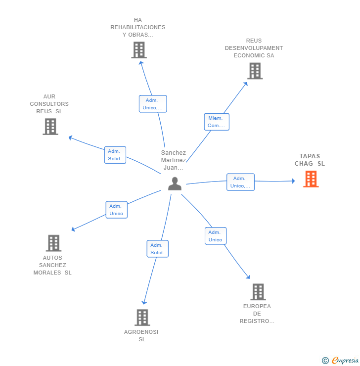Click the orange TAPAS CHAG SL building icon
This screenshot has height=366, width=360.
click(x=311, y=179)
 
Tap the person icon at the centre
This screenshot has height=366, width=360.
click(x=175, y=183)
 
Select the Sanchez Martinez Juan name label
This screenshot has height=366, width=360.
click(x=174, y=160)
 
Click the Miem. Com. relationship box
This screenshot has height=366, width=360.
click(x=217, y=122)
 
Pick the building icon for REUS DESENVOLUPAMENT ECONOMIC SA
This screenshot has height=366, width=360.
click(x=255, y=71)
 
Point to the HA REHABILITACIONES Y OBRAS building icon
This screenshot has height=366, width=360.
click(x=139, y=50)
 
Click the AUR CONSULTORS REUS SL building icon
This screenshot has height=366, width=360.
click(x=50, y=127)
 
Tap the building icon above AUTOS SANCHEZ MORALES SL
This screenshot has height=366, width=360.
click(x=54, y=243)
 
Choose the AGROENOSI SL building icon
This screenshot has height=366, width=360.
click(x=142, y=318)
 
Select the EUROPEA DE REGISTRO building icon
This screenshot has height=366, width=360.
click(x=258, y=292)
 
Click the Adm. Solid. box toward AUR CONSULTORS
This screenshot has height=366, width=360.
click(x=115, y=155)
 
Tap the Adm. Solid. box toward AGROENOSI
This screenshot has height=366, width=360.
click(x=157, y=249)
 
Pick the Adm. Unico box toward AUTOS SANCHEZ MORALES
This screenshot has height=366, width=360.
click(x=116, y=210)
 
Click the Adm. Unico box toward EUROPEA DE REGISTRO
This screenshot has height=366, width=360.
click(x=216, y=236)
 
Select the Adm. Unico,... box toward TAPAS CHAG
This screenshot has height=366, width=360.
click(x=240, y=182)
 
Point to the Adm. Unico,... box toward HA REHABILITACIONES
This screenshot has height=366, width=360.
click(x=153, y=104)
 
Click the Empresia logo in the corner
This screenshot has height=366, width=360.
click(x=340, y=360)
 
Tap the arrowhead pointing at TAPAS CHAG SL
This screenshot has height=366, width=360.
click(x=293, y=181)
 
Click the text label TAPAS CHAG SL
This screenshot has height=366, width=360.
click(x=310, y=160)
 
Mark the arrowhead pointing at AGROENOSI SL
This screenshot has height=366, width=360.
click(x=144, y=303)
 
